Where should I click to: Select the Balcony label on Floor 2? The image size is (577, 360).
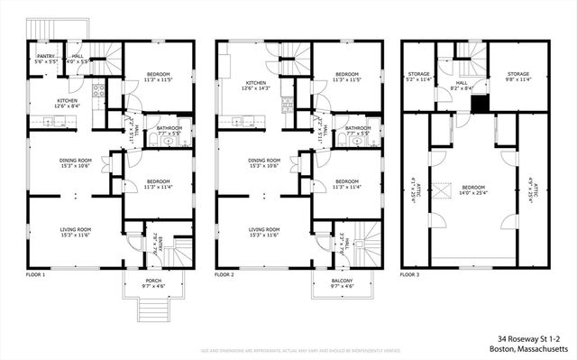coord(338,285)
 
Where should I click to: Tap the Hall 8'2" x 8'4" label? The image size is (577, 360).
coord(461,84)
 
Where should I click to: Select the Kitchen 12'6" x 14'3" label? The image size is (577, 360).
coord(250,85)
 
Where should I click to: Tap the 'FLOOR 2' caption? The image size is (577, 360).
coord(226,272)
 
